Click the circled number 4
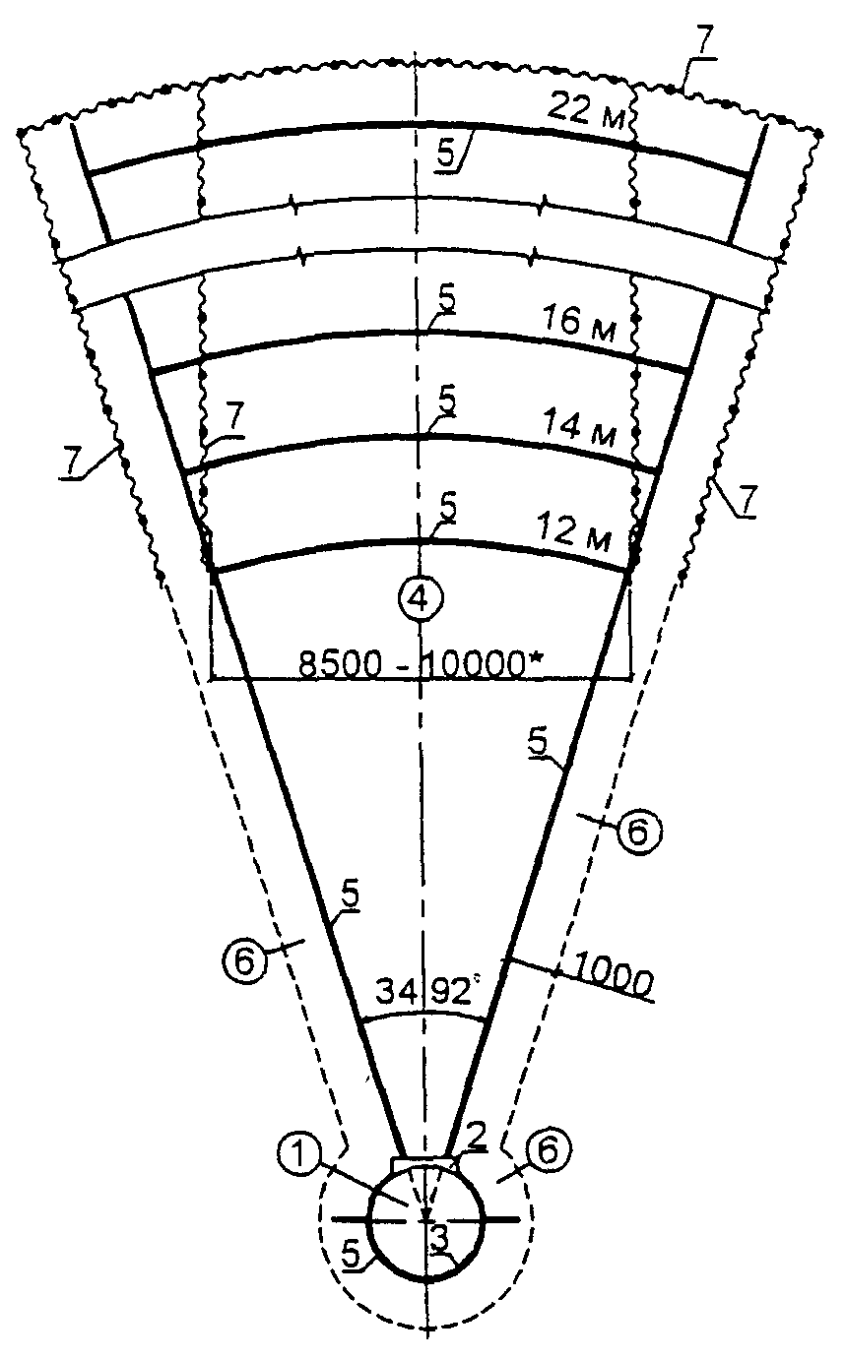pyautogui.click(x=421, y=596)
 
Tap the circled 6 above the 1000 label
pyautogui.click(x=638, y=832)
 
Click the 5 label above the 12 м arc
pyautogui.click(x=448, y=508)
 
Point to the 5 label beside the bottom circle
pyautogui.click(x=351, y=1255)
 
